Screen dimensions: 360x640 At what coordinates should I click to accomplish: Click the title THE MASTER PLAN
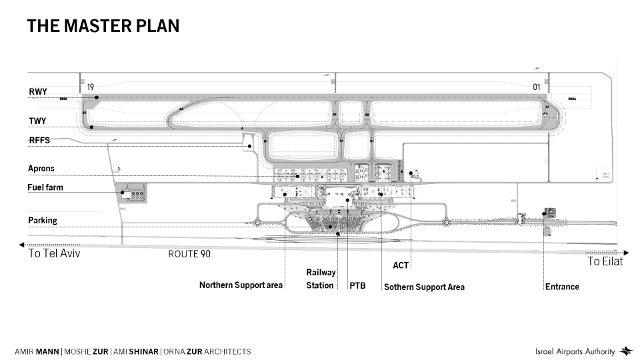point(103,26)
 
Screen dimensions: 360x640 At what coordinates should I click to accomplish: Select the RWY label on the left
point(38,92)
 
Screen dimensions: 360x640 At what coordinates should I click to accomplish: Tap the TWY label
point(37,121)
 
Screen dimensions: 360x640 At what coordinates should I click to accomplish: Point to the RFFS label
point(39,141)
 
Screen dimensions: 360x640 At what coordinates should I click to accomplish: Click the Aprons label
point(41,169)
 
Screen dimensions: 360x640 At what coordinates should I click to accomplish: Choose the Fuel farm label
point(45,187)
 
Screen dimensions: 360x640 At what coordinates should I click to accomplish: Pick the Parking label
point(43,221)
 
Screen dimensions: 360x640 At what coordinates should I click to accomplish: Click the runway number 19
point(91,87)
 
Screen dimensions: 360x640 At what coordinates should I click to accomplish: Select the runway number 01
point(536,87)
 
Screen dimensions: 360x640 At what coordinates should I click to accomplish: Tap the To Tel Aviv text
point(54,254)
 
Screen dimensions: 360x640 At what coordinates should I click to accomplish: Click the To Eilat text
point(605,262)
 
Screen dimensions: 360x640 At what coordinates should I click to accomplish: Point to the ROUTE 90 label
point(189,254)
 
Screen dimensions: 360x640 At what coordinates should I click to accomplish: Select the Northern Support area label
point(241,285)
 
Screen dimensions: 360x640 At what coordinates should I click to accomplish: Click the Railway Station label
point(321,279)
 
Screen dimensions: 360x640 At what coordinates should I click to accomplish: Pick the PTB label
point(357,285)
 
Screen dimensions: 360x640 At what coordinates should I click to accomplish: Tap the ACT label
point(401,265)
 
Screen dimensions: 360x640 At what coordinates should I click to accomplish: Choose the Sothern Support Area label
point(424,287)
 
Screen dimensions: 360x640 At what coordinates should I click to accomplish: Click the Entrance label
point(562,287)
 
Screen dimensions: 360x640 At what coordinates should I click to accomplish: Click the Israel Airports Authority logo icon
point(626,351)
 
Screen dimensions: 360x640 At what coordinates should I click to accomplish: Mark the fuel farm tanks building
point(134,194)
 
